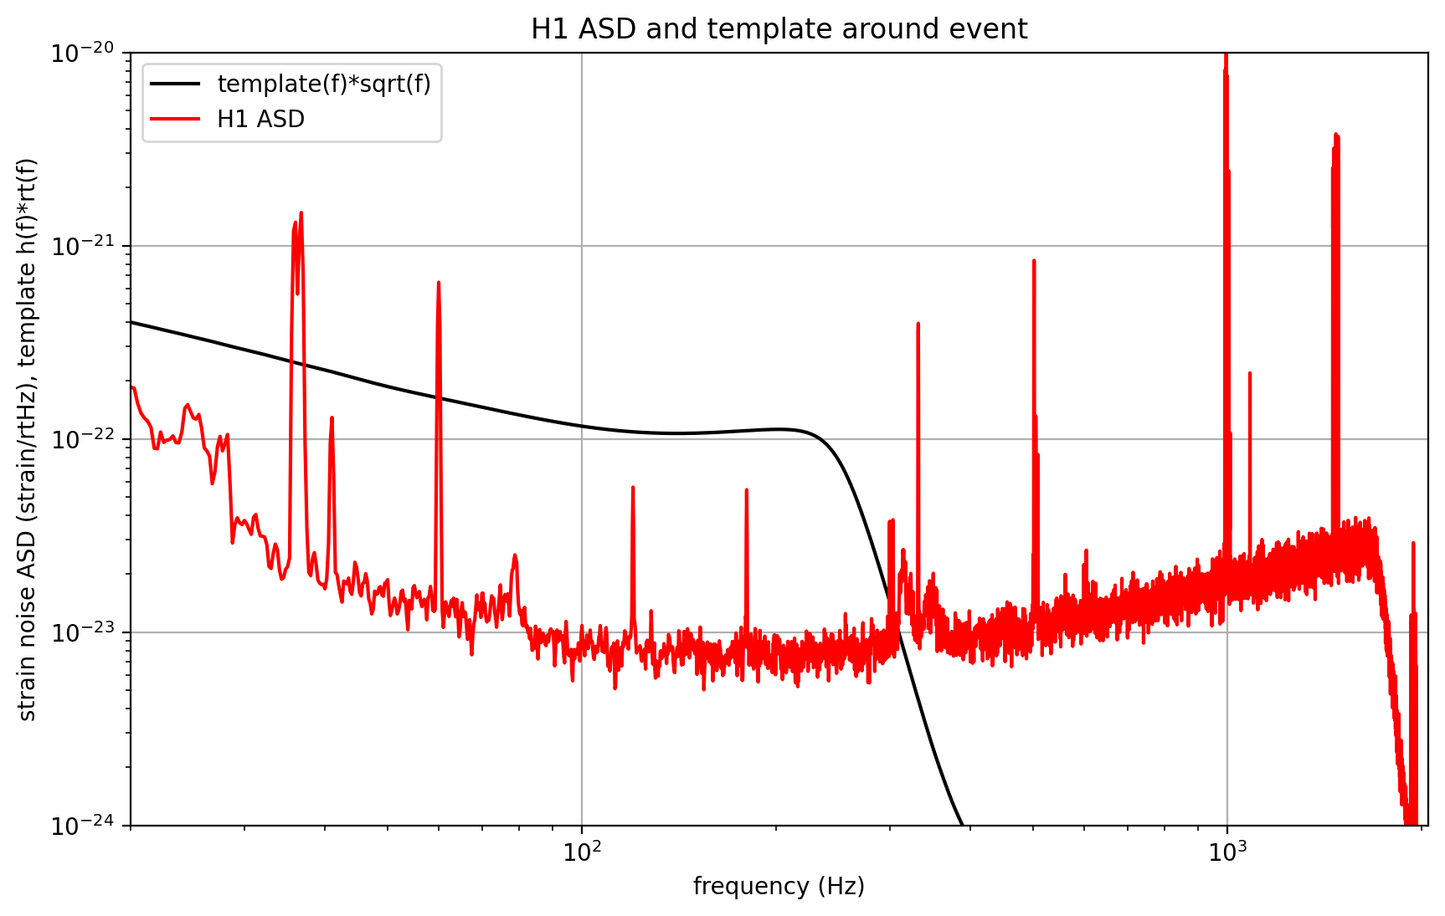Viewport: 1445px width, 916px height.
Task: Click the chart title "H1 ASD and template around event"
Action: click(779, 28)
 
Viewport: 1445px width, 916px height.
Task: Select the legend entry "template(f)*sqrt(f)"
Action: click(323, 84)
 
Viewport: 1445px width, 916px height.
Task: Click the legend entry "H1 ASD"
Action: click(260, 120)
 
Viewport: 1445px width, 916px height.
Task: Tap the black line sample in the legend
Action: click(175, 84)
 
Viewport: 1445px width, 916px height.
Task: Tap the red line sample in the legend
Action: click(175, 120)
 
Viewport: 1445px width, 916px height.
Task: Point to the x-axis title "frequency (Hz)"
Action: click(779, 887)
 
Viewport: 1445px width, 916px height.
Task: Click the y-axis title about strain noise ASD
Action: click(27, 439)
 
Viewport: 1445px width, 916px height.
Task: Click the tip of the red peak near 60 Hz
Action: click(439, 283)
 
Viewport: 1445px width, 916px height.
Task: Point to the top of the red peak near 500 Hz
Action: click(1034, 261)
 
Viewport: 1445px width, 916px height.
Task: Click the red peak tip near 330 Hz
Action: click(918, 324)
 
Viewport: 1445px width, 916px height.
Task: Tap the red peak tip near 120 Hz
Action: click(633, 487)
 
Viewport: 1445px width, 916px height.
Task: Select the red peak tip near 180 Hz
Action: click(746, 490)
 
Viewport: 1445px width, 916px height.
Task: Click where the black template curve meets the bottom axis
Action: click(962, 825)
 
